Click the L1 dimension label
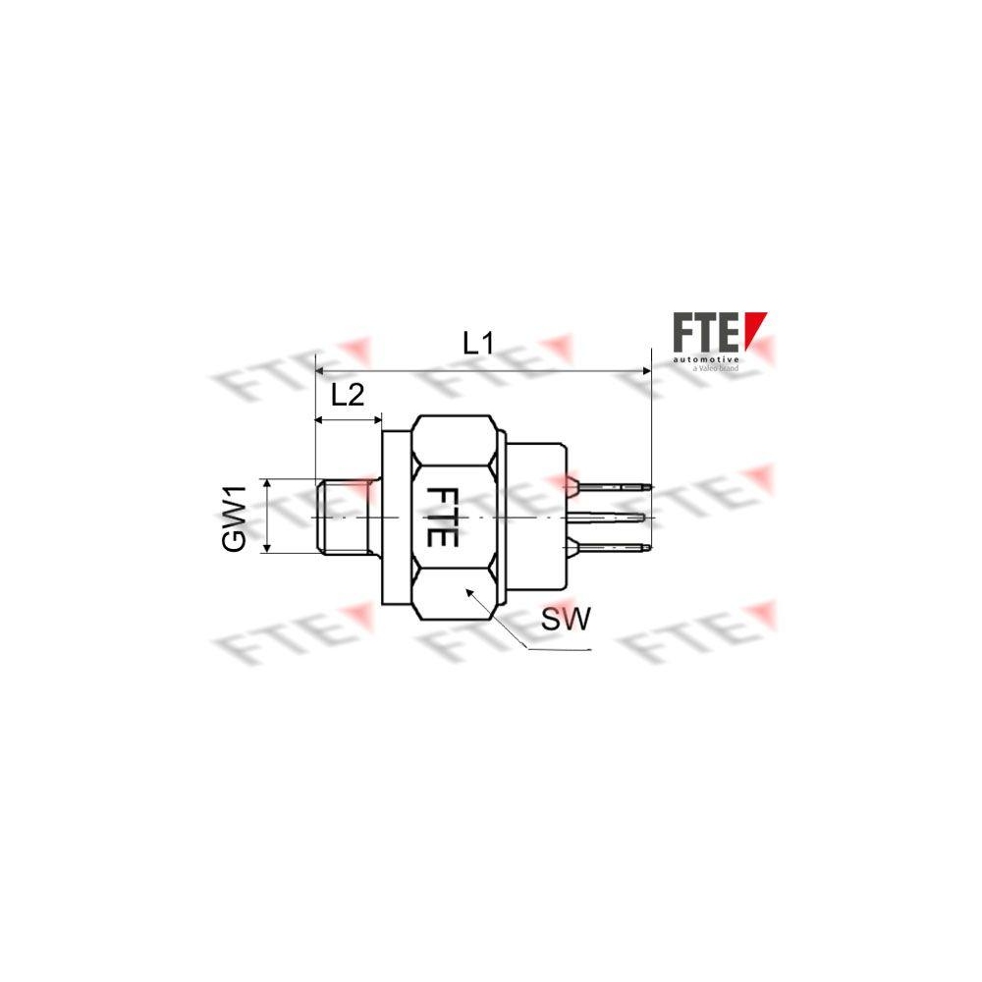click(478, 344)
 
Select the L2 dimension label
click(348, 396)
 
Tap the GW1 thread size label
click(234, 517)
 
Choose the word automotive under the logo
click(705, 360)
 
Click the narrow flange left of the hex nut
click(396, 517)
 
